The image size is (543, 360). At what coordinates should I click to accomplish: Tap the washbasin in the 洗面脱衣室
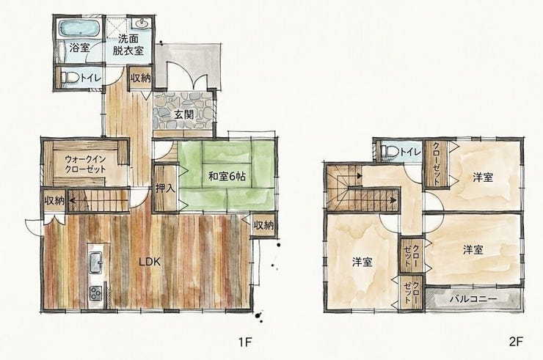(142, 23)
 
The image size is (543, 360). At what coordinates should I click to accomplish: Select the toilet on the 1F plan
(69, 77)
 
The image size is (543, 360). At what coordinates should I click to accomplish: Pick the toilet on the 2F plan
(389, 151)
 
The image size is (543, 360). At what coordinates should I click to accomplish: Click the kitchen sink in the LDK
(95, 263)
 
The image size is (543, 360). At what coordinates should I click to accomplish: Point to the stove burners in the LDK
(95, 293)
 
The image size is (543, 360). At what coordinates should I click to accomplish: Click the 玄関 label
(183, 114)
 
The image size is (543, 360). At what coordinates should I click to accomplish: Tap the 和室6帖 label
(227, 177)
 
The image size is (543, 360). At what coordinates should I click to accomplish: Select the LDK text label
(150, 262)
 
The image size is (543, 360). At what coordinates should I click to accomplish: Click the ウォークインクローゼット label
(85, 164)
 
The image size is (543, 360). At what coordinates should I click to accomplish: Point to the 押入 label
(166, 188)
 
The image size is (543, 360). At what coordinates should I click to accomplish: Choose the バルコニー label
(473, 299)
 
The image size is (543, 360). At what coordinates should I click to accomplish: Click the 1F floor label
(244, 342)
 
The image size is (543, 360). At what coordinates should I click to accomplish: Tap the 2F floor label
(515, 342)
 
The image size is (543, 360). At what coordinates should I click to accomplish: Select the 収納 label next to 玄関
(141, 78)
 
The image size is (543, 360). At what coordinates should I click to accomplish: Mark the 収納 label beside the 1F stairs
(54, 200)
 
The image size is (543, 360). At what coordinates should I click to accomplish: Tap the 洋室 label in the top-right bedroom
(483, 177)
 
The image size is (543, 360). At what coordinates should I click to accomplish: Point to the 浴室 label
(80, 48)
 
